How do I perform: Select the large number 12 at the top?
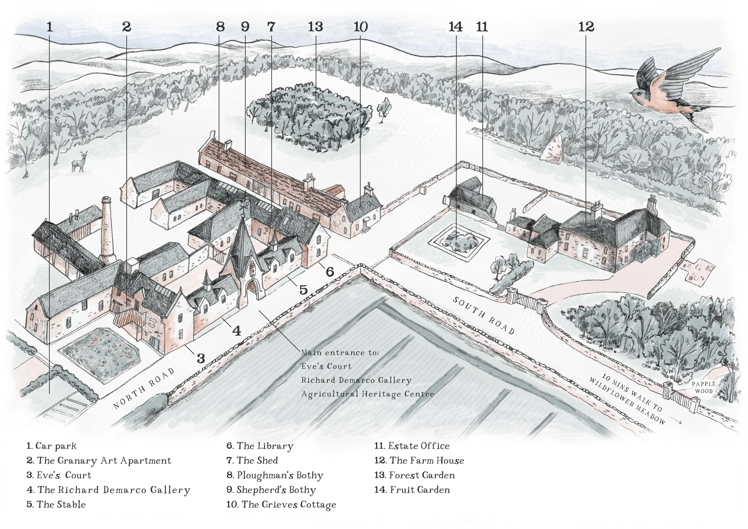(x=586, y=27)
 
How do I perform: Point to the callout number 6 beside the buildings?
(x=330, y=271)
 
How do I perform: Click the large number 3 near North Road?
(x=201, y=358)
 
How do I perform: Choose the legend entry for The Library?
(x=260, y=446)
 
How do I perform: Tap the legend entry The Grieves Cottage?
(x=281, y=505)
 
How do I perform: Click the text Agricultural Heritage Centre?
(x=367, y=394)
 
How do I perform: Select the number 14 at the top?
(x=455, y=27)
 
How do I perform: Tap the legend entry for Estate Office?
(x=412, y=446)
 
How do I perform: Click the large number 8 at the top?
(x=220, y=27)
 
